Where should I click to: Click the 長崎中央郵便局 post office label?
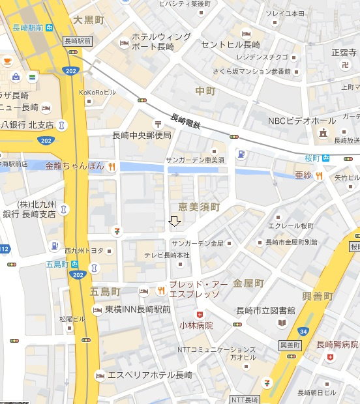pyautogui.click(x=142, y=136)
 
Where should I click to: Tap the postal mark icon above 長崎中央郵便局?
pyautogui.click(x=157, y=123)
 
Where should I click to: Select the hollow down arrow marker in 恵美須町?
pyautogui.click(x=174, y=222)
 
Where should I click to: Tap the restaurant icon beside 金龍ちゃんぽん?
pyautogui.click(x=112, y=166)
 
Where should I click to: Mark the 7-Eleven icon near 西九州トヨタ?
pyautogui.click(x=117, y=231)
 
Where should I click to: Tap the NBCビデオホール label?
pyautogui.click(x=302, y=121)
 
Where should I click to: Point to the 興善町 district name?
pyautogui.click(x=318, y=296)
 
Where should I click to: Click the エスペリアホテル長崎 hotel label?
pyautogui.click(x=150, y=375)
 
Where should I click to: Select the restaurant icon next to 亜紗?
pyautogui.click(x=319, y=175)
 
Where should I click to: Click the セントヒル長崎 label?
pyautogui.click(x=230, y=45)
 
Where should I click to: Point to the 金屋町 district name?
pyautogui.click(x=248, y=283)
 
